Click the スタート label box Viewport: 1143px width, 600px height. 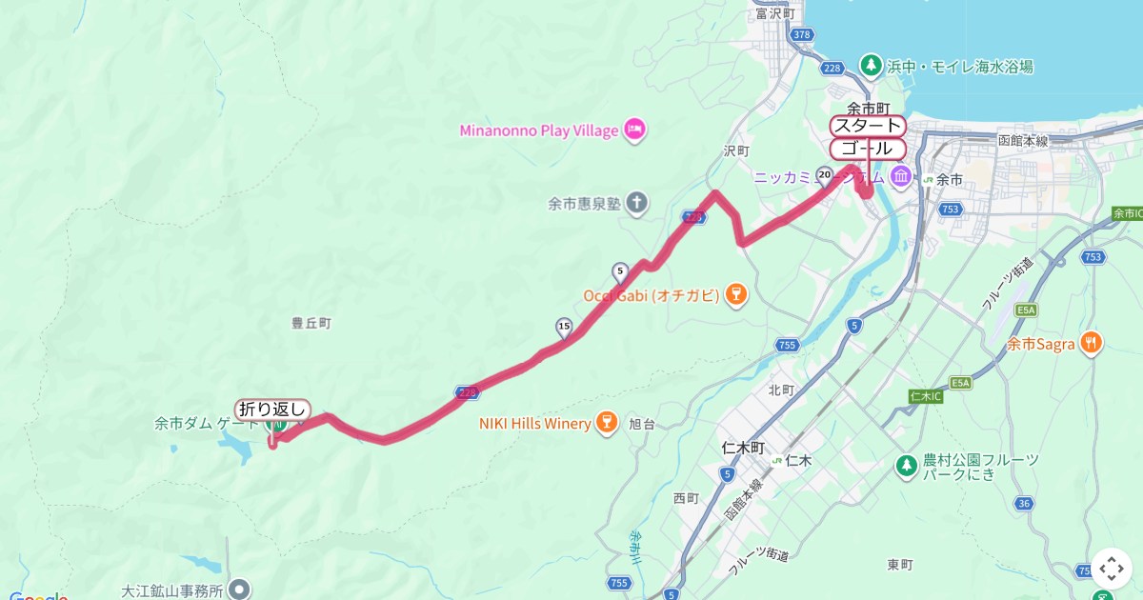(x=867, y=126)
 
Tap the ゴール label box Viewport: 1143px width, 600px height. (x=867, y=149)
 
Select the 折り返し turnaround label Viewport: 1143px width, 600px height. (x=272, y=409)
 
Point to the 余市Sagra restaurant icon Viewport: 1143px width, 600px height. (x=1092, y=344)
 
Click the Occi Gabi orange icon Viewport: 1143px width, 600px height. (x=734, y=295)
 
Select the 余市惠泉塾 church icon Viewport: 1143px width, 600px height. (x=636, y=203)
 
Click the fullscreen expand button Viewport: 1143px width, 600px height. (x=1112, y=569)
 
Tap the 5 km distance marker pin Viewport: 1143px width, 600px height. (x=620, y=271)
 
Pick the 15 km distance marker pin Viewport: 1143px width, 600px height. (x=564, y=329)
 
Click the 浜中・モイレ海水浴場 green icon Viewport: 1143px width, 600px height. (x=870, y=66)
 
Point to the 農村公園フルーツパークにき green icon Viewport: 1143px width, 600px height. (x=907, y=466)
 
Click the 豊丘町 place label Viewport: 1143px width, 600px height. (x=311, y=323)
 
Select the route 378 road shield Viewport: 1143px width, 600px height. (x=801, y=35)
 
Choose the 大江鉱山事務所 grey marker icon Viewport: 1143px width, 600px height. (x=240, y=590)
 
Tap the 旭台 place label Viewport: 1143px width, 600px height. (x=642, y=425)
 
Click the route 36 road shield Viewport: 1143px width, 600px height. (x=1024, y=503)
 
